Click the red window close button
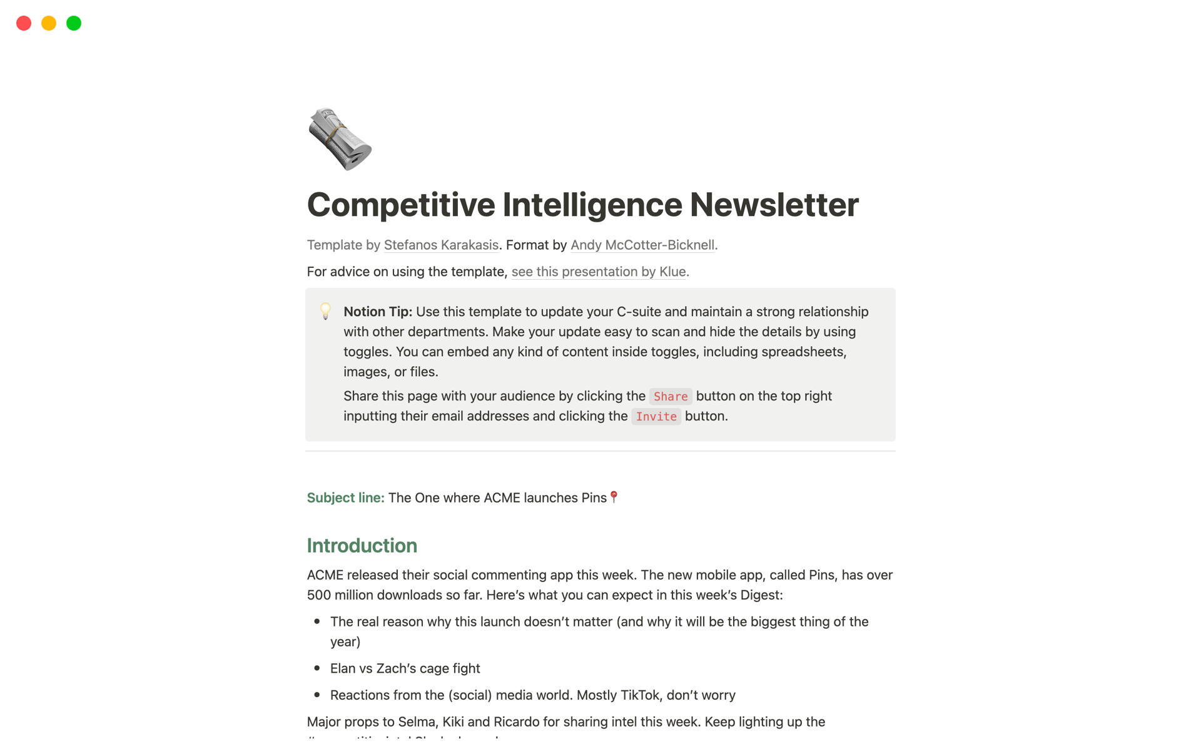24,23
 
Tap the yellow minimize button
49,23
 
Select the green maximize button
74,23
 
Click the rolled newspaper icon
340,139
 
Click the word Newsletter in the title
774,205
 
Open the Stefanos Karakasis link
441,245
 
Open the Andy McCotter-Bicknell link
642,245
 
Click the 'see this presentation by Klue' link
599,272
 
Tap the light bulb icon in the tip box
325,311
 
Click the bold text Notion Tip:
377,312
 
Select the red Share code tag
671,396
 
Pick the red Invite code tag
656,416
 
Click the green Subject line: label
345,498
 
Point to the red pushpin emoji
614,496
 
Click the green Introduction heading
362,545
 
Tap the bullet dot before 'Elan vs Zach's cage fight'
317,668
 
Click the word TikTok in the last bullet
639,695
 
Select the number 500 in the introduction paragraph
318,595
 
